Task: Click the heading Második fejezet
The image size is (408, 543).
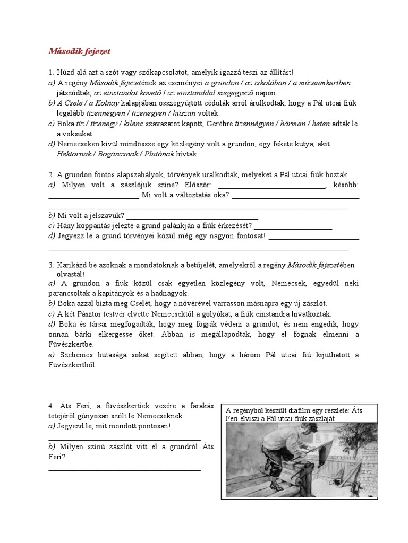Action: click(79, 51)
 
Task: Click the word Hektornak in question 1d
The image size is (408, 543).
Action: click(75, 154)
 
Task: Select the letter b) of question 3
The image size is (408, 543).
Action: click(52, 303)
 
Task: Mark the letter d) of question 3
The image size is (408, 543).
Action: click(52, 324)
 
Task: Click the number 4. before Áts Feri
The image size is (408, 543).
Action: click(52, 406)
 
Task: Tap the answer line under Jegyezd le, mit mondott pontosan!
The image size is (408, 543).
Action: click(124, 438)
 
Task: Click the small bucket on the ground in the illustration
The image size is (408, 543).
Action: click(337, 480)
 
